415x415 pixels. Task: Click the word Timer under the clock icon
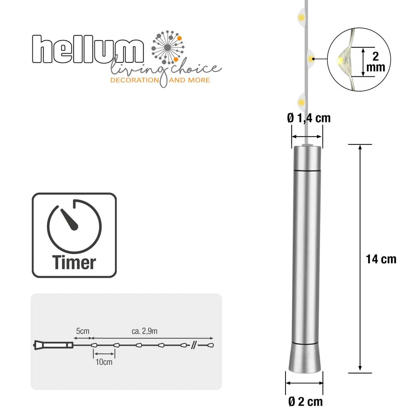[74, 262]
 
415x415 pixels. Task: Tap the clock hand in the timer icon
[70, 220]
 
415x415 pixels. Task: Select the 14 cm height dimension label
[381, 259]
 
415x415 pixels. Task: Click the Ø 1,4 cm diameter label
[309, 118]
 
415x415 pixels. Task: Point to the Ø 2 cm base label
[305, 402]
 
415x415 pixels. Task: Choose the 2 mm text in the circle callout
[376, 62]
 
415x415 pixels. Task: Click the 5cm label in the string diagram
[83, 331]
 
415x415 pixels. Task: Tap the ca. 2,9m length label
[144, 331]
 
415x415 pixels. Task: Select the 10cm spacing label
[104, 362]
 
